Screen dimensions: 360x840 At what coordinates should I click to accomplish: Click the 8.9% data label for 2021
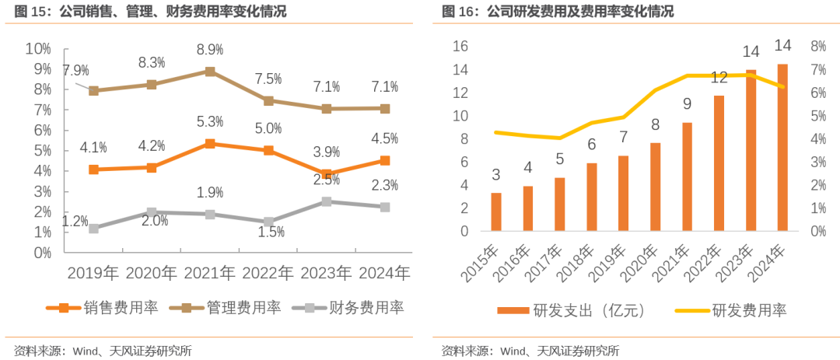click(x=210, y=49)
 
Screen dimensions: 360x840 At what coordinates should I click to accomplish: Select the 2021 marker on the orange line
click(x=210, y=144)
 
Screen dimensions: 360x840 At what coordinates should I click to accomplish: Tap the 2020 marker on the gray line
click(x=152, y=212)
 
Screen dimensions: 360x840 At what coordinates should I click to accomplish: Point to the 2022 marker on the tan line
click(x=268, y=100)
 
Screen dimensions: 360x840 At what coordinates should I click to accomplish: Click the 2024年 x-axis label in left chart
click(x=385, y=273)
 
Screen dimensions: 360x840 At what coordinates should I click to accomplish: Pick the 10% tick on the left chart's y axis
click(x=38, y=49)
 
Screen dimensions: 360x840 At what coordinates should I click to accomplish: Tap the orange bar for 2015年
click(x=496, y=211)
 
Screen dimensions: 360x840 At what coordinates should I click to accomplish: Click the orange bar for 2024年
click(x=782, y=148)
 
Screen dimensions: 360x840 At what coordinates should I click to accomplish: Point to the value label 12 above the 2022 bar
click(x=719, y=77)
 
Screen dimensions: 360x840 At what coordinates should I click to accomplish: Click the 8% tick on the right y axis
click(x=817, y=47)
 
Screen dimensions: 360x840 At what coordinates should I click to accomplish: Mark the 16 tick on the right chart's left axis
click(x=460, y=47)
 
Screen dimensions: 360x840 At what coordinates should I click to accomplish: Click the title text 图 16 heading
click(x=557, y=12)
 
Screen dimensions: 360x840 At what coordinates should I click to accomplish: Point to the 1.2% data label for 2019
click(x=75, y=221)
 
